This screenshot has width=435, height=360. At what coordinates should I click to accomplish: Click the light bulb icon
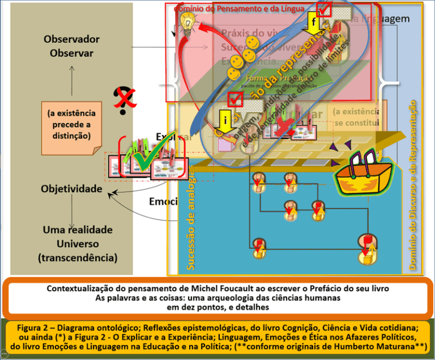coord(187,22)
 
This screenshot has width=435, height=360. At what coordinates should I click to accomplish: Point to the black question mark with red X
coord(121,100)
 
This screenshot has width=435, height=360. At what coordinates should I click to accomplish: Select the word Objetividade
coord(71,188)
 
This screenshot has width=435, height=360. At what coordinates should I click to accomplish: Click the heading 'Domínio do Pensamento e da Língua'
coord(239,9)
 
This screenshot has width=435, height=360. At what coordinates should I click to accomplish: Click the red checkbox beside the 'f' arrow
coord(325,9)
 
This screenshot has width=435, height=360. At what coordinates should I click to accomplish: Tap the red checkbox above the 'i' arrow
coord(234,100)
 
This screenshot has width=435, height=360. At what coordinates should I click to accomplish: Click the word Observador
coord(71,40)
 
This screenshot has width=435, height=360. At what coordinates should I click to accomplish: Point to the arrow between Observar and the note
coord(72,79)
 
